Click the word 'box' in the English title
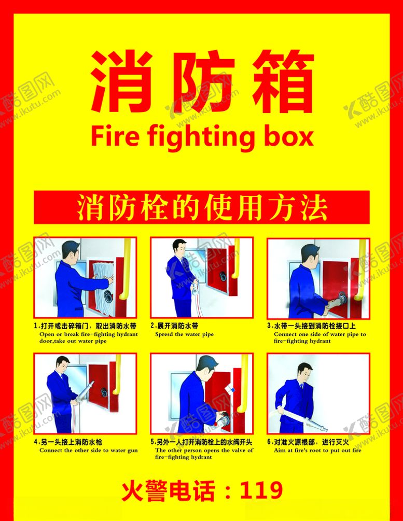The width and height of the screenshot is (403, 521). click(x=287, y=137)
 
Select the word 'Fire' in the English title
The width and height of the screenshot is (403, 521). click(x=115, y=137)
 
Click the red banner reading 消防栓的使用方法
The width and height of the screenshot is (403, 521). click(x=201, y=207)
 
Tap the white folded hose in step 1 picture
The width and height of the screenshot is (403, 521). click(x=100, y=283)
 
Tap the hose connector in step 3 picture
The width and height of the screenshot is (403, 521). click(x=340, y=299)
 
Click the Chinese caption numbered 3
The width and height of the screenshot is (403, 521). click(x=311, y=327)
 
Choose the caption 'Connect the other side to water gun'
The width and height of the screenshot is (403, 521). click(x=89, y=450)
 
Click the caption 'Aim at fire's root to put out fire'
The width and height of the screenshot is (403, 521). click(x=317, y=450)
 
